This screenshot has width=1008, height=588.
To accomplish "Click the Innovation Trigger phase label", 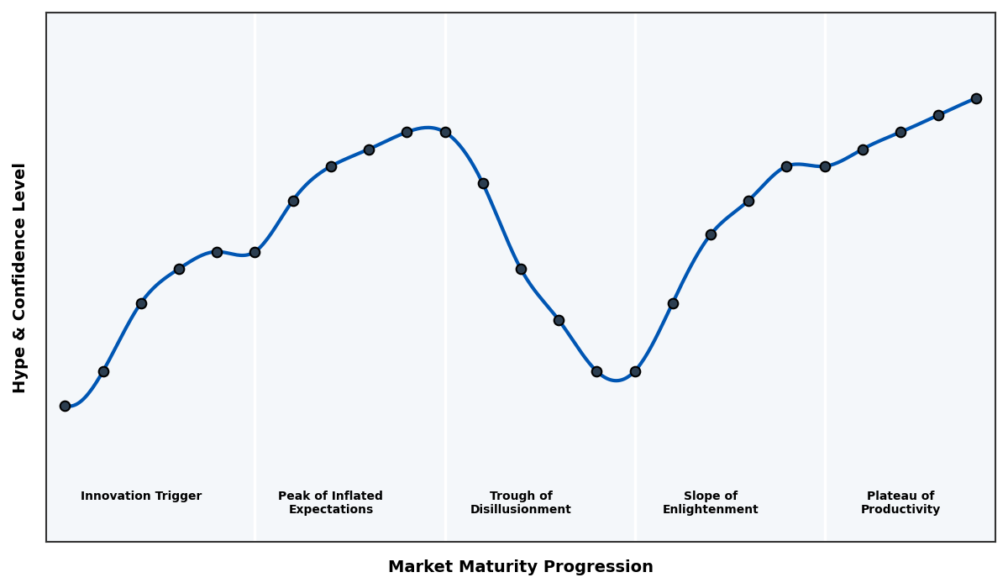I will [x=141, y=496].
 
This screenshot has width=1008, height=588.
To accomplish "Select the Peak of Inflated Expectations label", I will [x=330, y=502].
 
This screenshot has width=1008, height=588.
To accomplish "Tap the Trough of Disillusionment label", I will [x=520, y=502].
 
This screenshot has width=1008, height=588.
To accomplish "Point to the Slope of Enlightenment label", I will [x=710, y=502].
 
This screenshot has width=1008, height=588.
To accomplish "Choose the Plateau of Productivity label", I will [x=900, y=502].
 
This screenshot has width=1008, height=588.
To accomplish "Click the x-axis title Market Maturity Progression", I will [x=520, y=567].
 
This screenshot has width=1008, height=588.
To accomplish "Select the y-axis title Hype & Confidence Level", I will [x=20, y=277].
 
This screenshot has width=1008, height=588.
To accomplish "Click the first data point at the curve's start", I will [x=65, y=406].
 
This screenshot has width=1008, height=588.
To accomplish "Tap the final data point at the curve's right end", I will [x=976, y=98].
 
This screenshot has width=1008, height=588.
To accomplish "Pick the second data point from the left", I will [x=103, y=371].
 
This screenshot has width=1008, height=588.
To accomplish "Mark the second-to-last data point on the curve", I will [x=938, y=115].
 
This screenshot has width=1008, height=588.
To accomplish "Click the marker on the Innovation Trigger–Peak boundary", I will [x=255, y=252].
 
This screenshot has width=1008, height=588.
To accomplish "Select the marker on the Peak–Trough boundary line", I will [x=445, y=132].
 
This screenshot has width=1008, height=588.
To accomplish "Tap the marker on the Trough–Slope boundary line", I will [x=635, y=371].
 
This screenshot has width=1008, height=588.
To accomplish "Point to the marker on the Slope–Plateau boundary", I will [x=825, y=166].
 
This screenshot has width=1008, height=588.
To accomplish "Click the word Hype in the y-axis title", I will [x=20, y=374].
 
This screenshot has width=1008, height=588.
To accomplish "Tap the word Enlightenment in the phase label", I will [x=710, y=510].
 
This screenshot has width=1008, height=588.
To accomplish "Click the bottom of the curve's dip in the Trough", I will [x=616, y=381].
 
